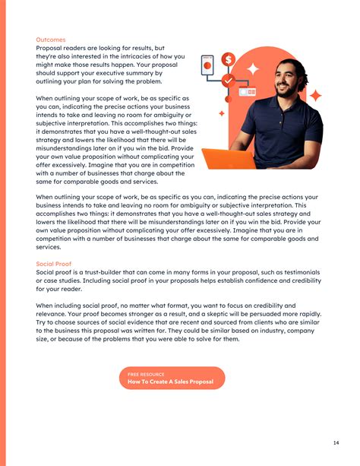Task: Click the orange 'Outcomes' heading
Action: coord(51,39)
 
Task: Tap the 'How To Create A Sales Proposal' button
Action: coord(172,378)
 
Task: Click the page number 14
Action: coord(336,442)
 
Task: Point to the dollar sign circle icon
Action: coord(228,59)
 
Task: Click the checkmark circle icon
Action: coord(228,80)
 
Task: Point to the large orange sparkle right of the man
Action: coord(315,97)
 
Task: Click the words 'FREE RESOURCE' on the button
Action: coord(143,374)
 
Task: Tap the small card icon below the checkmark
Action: coord(247,92)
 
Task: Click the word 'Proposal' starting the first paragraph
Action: coord(50,48)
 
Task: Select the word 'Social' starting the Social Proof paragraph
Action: coord(47,272)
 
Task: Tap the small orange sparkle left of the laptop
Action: coord(221,113)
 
